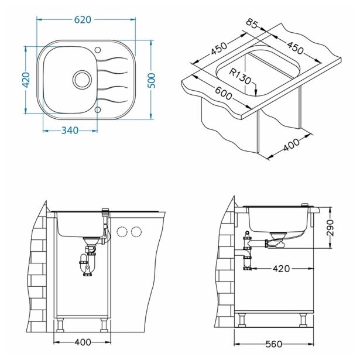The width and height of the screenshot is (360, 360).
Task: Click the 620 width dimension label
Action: (x=83, y=20)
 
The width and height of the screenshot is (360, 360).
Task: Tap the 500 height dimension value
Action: (x=151, y=81)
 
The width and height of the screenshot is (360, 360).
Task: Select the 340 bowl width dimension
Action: (x=70, y=131)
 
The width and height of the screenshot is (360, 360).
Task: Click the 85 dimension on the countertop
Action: (x=252, y=23)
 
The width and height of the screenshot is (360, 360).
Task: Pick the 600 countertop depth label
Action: (x=224, y=94)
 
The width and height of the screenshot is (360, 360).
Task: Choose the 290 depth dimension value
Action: (x=330, y=228)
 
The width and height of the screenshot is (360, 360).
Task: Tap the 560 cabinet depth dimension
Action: (x=274, y=344)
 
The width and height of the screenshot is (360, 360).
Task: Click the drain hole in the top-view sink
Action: (x=82, y=80)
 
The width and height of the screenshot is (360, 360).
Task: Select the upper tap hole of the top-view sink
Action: (x=98, y=50)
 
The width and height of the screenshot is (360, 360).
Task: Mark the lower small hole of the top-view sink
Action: (x=98, y=109)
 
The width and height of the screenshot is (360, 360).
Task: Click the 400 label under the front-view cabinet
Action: (x=83, y=342)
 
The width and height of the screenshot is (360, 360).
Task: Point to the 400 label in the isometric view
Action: (x=292, y=145)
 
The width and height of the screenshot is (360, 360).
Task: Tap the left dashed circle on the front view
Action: (x=122, y=232)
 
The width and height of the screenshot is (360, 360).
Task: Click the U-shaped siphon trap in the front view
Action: (x=87, y=264)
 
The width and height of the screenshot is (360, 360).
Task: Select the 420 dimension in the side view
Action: (x=281, y=269)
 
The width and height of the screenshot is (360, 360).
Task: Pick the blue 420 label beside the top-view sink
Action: (x=26, y=80)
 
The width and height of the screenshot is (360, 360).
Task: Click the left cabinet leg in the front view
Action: (x=60, y=325)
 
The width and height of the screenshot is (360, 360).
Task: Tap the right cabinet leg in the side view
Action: (x=303, y=320)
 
